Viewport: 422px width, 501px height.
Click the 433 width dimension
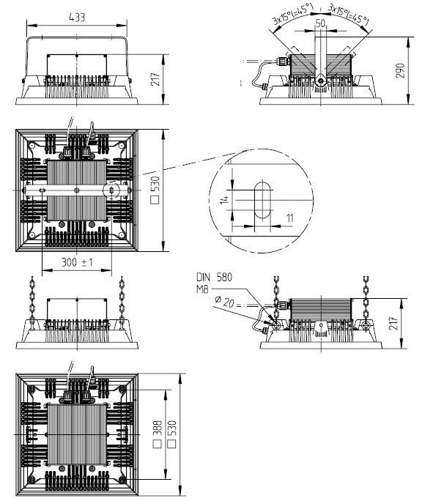point(77,18)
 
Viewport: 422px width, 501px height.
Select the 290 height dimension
point(400,70)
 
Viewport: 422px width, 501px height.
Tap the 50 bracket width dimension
point(320,23)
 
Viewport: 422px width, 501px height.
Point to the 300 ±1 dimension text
point(78,262)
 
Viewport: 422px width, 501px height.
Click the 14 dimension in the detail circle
point(225,200)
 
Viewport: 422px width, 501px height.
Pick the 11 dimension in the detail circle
point(289,218)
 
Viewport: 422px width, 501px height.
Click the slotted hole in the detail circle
point(262,200)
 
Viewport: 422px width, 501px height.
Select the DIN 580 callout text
point(214,277)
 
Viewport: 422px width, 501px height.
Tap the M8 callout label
point(202,290)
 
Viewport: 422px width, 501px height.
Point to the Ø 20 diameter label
point(224,302)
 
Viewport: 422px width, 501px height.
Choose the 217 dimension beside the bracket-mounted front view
point(155,79)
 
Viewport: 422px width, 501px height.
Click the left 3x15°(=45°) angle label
point(291,15)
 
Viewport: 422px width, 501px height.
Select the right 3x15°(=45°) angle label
point(348,15)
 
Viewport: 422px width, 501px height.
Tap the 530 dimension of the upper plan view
point(155,190)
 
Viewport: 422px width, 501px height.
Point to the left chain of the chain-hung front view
point(32,300)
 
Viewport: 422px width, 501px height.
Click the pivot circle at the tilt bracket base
point(320,80)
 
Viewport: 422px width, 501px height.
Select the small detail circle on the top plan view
point(111,190)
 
